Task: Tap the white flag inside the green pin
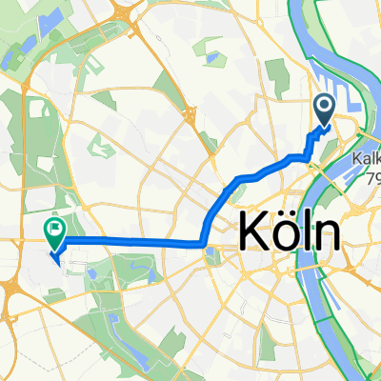[54, 228]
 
